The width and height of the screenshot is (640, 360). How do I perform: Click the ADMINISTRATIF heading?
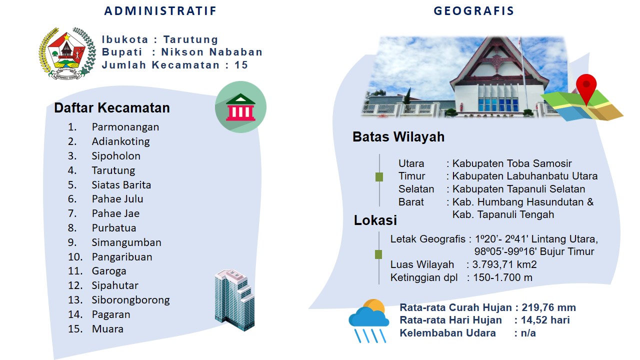pyautogui.click(x=160, y=11)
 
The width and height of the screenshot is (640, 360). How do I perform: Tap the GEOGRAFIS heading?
pyautogui.click(x=473, y=11)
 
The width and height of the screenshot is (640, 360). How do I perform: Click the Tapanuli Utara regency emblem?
pyautogui.click(x=67, y=53)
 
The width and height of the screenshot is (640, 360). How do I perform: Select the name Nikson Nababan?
pyautogui.click(x=211, y=52)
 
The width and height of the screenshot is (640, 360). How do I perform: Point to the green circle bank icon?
pyautogui.click(x=240, y=107)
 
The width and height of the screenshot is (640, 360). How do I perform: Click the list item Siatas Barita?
pyautogui.click(x=121, y=185)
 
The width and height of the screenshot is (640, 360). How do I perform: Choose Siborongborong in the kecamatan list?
pyautogui.click(x=130, y=300)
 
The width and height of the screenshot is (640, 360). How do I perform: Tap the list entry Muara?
pyautogui.click(x=107, y=329)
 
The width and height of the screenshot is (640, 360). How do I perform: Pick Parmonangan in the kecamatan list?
pyautogui.click(x=125, y=127)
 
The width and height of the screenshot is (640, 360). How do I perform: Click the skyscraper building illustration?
pyautogui.click(x=234, y=300)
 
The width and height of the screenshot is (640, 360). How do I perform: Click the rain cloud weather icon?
pyautogui.click(x=369, y=320)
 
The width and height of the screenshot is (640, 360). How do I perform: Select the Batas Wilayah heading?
pyautogui.click(x=398, y=136)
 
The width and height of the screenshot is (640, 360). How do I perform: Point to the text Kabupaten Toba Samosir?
pyautogui.click(x=512, y=163)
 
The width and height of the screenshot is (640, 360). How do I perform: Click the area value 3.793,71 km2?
pyautogui.click(x=504, y=264)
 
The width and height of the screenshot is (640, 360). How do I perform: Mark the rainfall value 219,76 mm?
pyautogui.click(x=548, y=307)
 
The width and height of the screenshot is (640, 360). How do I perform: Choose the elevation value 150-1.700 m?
pyautogui.click(x=502, y=277)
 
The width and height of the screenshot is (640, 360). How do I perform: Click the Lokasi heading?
pyautogui.click(x=375, y=220)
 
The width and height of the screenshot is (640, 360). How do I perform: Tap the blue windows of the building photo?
pyautogui.click(x=498, y=104)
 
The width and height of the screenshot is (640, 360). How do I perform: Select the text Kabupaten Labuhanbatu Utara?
pyautogui.click(x=525, y=176)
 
